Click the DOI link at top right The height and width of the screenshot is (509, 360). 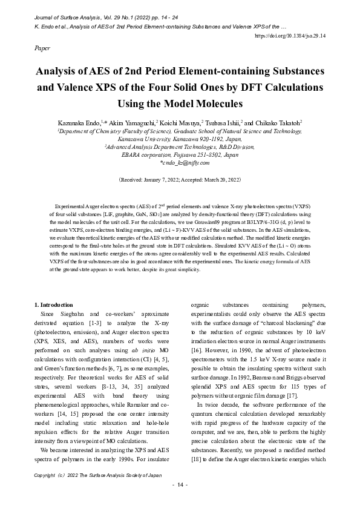pos(290,36)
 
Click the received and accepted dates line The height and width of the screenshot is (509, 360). pos(180,180)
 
